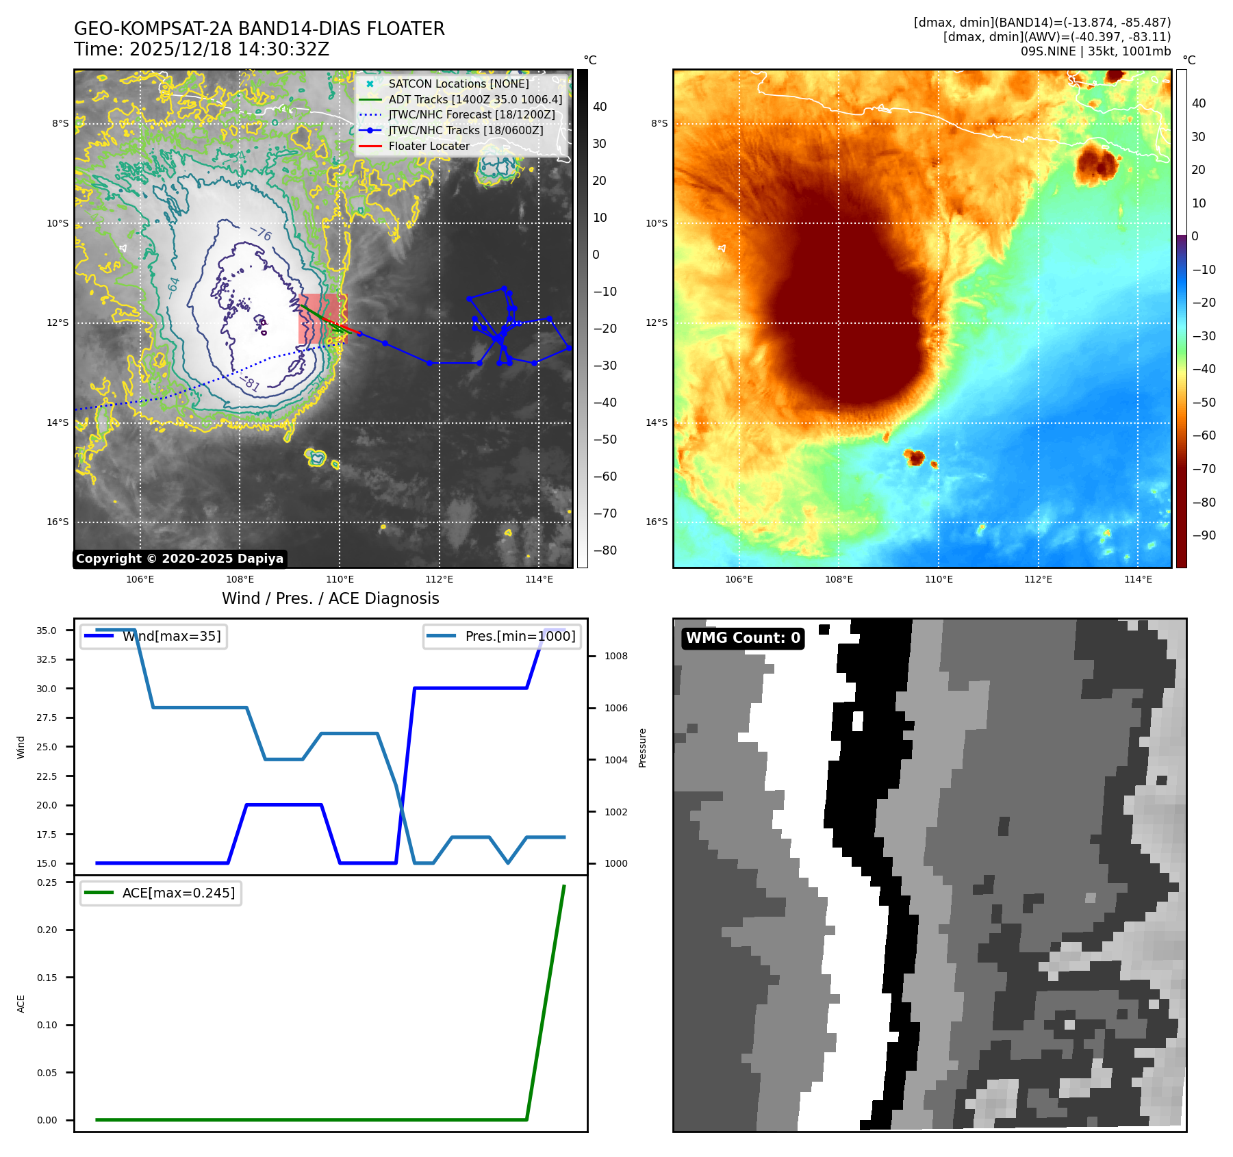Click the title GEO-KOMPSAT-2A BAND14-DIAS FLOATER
pyautogui.click(x=259, y=29)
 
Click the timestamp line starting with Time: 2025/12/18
pyautogui.click(x=201, y=49)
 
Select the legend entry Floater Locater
pyautogui.click(x=429, y=146)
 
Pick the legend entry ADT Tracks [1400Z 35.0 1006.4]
pyautogui.click(x=475, y=99)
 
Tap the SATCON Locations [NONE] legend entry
pyautogui.click(x=458, y=84)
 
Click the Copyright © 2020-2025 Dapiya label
pyautogui.click(x=179, y=559)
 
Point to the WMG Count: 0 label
pyautogui.click(x=743, y=638)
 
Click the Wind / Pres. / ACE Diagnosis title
pyautogui.click(x=330, y=598)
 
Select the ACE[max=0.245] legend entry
pyautogui.click(x=178, y=893)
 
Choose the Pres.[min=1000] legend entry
pyautogui.click(x=520, y=636)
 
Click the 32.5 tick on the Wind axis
pyautogui.click(x=47, y=659)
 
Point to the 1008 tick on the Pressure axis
pyautogui.click(x=615, y=656)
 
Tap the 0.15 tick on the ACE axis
pyautogui.click(x=47, y=978)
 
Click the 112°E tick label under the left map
pyautogui.click(x=439, y=579)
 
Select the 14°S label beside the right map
pyautogui.click(x=656, y=422)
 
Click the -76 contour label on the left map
pyautogui.click(x=261, y=234)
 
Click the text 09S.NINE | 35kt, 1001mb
pyautogui.click(x=1095, y=51)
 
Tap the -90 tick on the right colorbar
pyautogui.click(x=1204, y=535)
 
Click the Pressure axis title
pyautogui.click(x=642, y=748)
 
